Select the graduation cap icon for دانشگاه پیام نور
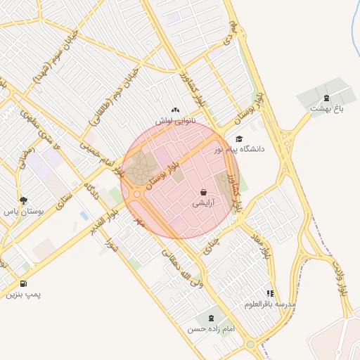(239, 139)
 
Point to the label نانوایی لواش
(174, 121)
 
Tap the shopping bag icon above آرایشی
(203, 192)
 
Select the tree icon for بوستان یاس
(24, 200)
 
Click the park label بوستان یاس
(25, 211)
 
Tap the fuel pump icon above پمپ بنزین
(24, 284)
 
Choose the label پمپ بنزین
(24, 295)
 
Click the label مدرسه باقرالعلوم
(269, 304)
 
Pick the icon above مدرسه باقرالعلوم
(269, 294)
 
